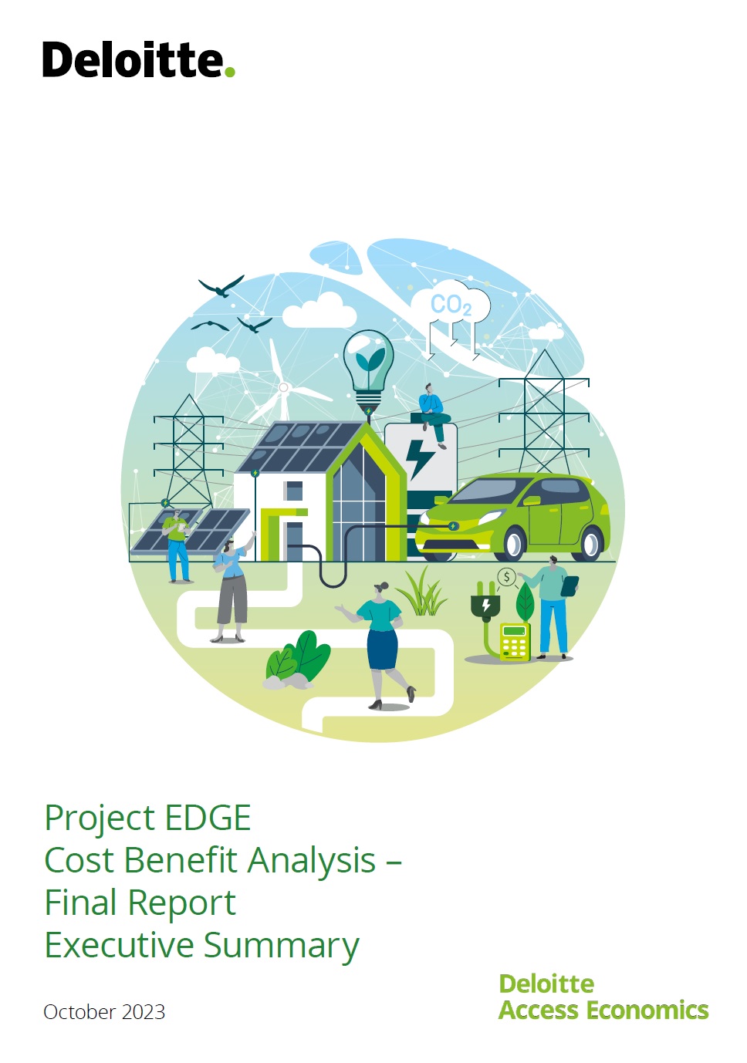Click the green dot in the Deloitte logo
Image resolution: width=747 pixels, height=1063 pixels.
(229, 73)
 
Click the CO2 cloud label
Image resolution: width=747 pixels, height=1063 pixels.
(451, 305)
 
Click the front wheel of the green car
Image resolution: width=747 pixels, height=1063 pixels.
(512, 543)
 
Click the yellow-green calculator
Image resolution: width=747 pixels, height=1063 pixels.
(515, 641)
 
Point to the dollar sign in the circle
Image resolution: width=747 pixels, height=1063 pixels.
(506, 577)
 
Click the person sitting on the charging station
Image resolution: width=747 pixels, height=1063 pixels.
(431, 412)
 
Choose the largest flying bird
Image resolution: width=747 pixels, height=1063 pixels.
(222, 287)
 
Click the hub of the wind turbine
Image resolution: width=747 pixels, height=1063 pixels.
(283, 387)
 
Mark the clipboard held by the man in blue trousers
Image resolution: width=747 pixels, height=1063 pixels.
(570, 586)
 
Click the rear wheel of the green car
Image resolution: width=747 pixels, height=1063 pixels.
(592, 542)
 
